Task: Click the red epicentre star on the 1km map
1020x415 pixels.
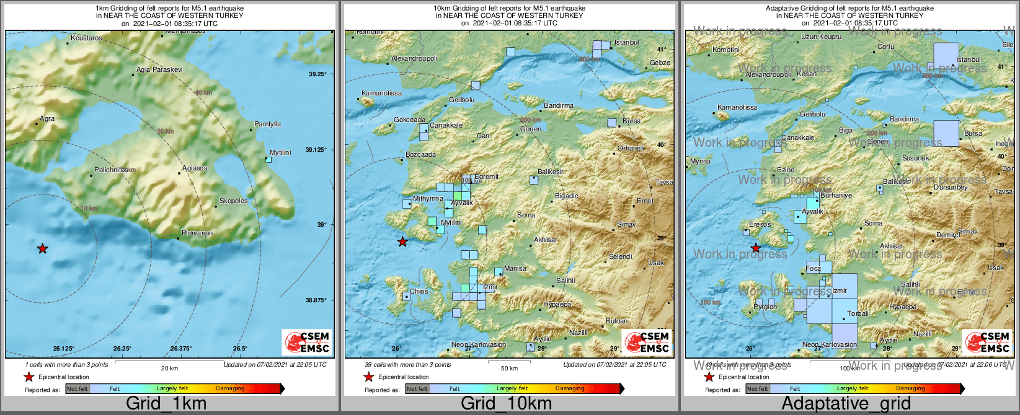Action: (x=42, y=248)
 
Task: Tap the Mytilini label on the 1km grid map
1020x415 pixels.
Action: (x=280, y=152)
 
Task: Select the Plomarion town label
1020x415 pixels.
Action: (x=197, y=234)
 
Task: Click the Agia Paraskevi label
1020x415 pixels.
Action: (x=160, y=70)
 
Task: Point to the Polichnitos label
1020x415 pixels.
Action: (x=112, y=170)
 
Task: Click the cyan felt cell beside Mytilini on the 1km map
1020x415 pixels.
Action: (x=268, y=160)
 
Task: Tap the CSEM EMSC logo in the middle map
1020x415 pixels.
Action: (x=647, y=342)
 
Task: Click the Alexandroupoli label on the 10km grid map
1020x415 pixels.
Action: (x=414, y=59)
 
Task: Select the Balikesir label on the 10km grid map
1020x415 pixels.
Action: (x=550, y=172)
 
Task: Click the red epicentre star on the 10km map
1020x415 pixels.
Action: (x=402, y=242)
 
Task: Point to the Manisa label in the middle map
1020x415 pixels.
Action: (x=515, y=269)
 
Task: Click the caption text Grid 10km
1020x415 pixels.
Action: (x=506, y=404)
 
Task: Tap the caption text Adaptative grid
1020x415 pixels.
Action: (x=846, y=404)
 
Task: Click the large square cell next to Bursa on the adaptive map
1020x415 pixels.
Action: (x=946, y=133)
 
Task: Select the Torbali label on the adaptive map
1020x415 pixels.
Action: (x=858, y=314)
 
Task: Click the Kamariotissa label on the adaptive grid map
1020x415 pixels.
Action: (x=737, y=108)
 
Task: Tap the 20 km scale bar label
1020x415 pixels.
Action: (x=169, y=369)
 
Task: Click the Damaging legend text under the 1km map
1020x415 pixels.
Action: (x=230, y=389)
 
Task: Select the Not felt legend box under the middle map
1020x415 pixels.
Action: (x=417, y=389)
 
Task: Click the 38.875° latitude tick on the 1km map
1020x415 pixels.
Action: (x=316, y=300)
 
